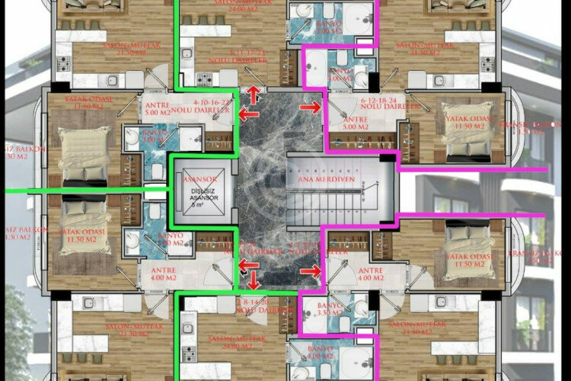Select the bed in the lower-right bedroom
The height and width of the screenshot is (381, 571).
click(465, 242)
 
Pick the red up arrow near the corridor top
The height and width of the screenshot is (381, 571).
click(254, 95)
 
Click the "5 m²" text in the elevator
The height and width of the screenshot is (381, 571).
click(196, 205)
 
